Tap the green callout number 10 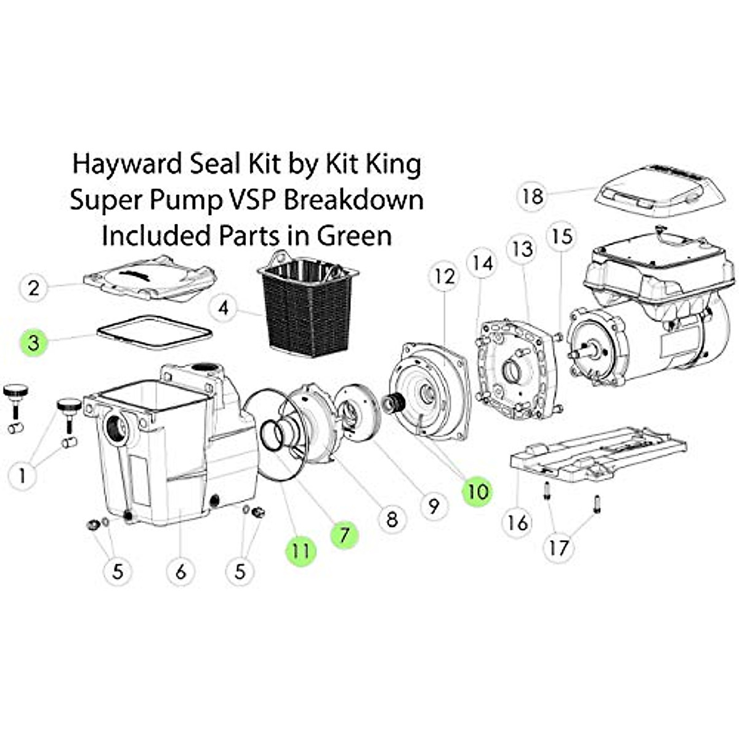click(477, 491)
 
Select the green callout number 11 click(300, 550)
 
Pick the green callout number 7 click(344, 535)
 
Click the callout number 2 click(34, 288)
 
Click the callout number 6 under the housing click(180, 571)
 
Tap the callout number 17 click(559, 547)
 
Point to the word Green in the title click(354, 235)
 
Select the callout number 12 click(444, 277)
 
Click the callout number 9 click(434, 506)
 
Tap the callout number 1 click(23, 475)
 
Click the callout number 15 click(562, 236)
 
